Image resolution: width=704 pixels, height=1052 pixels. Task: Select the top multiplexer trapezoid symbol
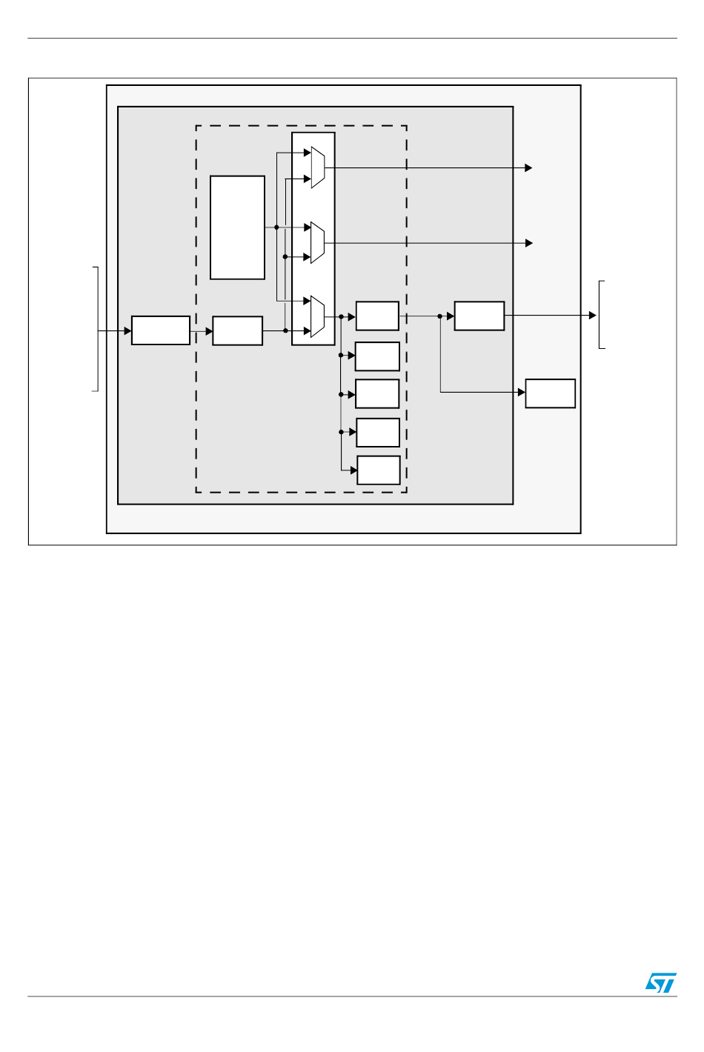click(317, 167)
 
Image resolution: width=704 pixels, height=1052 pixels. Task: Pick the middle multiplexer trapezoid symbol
click(317, 242)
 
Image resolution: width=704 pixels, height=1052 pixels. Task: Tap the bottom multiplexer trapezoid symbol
click(317, 316)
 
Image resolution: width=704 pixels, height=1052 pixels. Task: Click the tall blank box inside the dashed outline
click(237, 227)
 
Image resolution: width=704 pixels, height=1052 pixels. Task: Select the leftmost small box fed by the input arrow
click(161, 330)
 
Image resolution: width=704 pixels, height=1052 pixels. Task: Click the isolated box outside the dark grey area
click(550, 393)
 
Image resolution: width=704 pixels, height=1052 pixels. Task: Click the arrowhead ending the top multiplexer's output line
click(528, 167)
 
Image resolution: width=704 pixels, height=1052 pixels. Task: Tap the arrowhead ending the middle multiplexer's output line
click(529, 243)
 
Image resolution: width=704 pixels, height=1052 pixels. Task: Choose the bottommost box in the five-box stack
click(379, 470)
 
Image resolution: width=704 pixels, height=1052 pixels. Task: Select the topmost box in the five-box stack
click(377, 316)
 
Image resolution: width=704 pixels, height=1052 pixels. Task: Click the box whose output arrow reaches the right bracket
click(479, 316)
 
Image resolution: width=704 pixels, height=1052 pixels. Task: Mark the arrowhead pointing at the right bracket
click(592, 315)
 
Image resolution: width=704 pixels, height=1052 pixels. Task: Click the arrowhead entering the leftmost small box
click(127, 330)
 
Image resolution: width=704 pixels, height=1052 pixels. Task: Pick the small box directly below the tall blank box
click(237, 330)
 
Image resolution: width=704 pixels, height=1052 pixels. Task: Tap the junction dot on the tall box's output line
click(276, 227)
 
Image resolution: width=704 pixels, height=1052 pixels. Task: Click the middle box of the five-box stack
click(377, 393)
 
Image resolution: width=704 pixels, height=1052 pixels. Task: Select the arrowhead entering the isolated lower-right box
click(521, 392)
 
